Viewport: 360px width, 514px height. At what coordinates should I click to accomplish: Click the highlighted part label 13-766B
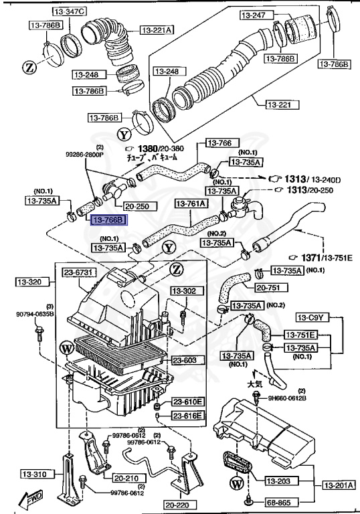(x=108, y=220)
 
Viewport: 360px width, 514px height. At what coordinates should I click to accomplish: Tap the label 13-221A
(x=157, y=29)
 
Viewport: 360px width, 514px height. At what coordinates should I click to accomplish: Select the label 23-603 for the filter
(x=183, y=360)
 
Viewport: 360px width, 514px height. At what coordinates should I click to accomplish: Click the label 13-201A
(x=339, y=485)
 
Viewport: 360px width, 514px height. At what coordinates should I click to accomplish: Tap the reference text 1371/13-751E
(x=314, y=257)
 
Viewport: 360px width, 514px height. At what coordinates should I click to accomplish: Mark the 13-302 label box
(x=185, y=291)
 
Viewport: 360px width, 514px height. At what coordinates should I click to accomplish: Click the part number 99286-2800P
(x=85, y=153)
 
